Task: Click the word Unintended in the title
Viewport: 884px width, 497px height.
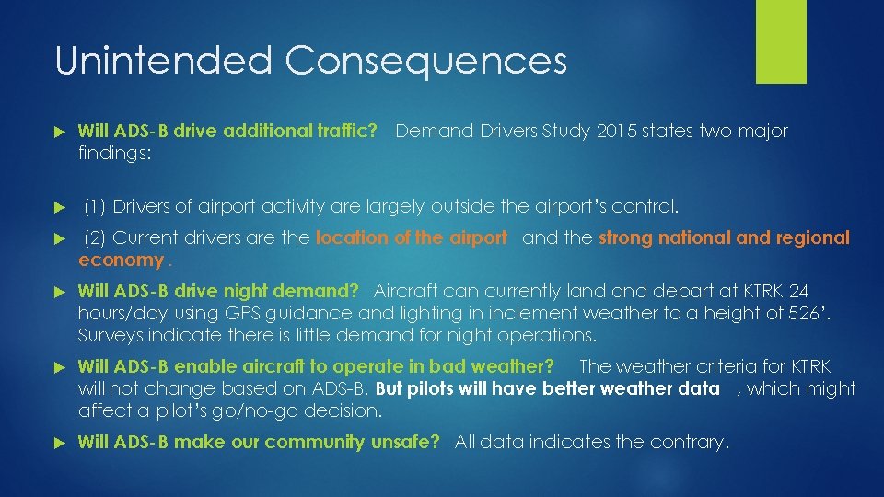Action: pyautogui.click(x=163, y=61)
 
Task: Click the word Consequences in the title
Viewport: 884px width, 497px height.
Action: pyautogui.click(x=425, y=61)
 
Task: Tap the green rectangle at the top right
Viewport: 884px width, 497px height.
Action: pyautogui.click(x=781, y=40)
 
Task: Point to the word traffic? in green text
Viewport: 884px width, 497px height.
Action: pyautogui.click(x=345, y=131)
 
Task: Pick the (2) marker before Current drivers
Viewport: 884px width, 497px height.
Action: pyautogui.click(x=96, y=237)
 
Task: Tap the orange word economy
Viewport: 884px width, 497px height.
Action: pyautogui.click(x=121, y=260)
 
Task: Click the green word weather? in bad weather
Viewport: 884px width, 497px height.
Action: pyautogui.click(x=508, y=366)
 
